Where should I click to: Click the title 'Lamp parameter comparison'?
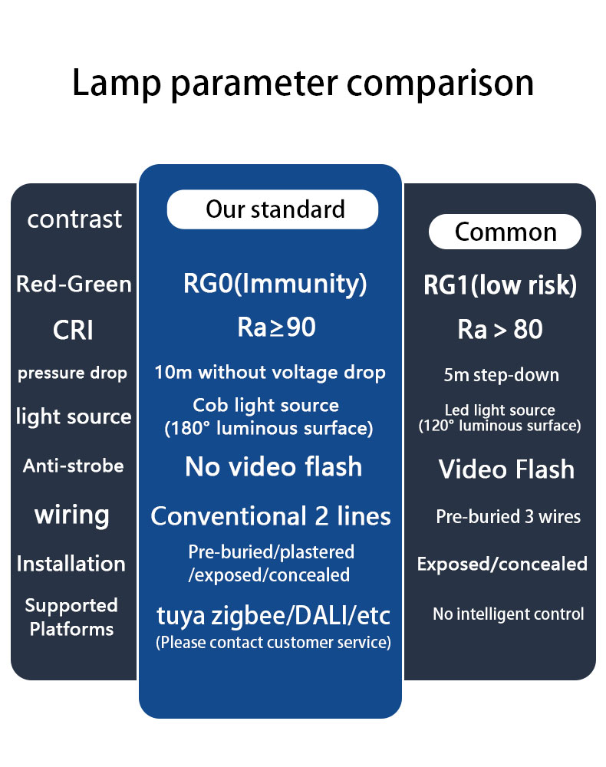(303, 84)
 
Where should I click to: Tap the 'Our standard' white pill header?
(272, 209)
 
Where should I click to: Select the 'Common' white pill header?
(506, 232)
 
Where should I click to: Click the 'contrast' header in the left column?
(74, 219)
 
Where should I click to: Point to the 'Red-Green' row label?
(74, 285)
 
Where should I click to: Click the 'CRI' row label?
(73, 330)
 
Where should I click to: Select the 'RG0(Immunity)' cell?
(275, 285)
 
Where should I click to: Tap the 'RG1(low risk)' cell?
(500, 285)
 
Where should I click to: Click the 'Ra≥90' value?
(276, 328)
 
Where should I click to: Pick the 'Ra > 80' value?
(500, 329)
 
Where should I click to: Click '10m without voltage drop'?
(270, 373)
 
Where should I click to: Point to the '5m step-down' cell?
(502, 375)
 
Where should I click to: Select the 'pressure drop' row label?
(72, 374)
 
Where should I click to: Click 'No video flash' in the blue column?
(273, 466)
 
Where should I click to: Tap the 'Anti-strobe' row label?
(74, 466)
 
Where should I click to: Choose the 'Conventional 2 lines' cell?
(271, 516)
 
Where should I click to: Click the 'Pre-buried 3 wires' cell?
(508, 517)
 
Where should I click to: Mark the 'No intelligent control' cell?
(508, 614)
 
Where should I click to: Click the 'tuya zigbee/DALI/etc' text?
(273, 616)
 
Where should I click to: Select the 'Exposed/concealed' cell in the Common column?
(502, 564)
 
